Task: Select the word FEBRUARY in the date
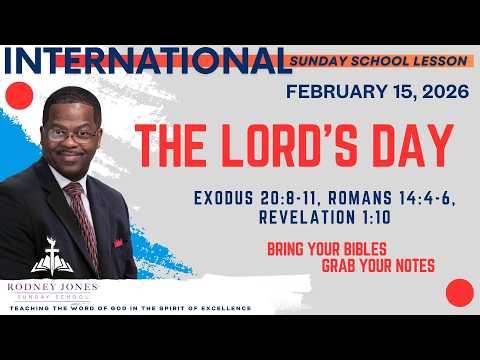332,92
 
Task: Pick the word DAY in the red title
410,147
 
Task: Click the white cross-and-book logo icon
49,259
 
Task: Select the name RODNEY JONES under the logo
49,285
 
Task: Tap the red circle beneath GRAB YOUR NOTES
459,292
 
